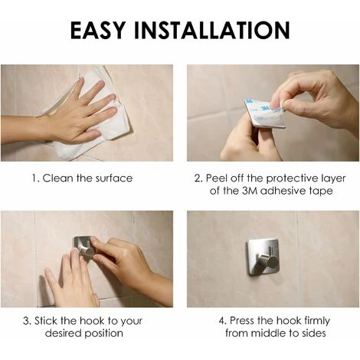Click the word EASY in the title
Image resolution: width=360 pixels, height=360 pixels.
98,30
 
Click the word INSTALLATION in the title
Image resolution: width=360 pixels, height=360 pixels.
212,30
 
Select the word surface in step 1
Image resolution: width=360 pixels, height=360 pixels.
114,178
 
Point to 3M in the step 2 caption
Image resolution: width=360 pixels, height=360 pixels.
250,191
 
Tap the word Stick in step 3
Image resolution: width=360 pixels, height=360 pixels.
46,321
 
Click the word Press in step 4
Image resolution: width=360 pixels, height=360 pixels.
242,321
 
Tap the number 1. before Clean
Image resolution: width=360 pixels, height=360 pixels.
36,178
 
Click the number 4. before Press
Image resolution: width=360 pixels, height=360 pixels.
223,321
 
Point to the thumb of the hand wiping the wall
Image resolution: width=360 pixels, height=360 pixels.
90,133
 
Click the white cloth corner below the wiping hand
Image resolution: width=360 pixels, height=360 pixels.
66,155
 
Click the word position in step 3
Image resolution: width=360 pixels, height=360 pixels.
103,334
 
